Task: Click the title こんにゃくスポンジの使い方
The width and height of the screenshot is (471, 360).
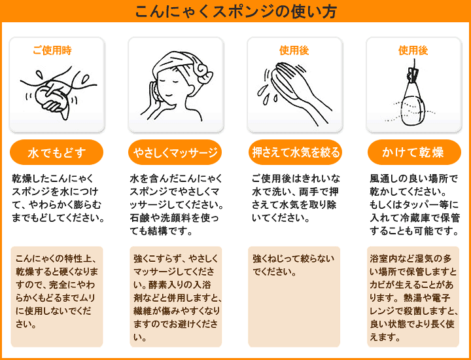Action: (235, 11)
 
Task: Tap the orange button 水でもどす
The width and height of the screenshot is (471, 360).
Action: (56, 153)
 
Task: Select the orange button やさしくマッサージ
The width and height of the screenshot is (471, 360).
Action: (175, 153)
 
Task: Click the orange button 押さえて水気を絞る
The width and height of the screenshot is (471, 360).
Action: (295, 153)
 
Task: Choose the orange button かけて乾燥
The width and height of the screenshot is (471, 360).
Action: (413, 153)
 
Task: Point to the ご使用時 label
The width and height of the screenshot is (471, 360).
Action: (52, 50)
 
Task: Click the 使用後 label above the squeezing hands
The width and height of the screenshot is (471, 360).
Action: (294, 50)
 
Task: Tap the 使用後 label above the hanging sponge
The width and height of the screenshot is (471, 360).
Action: (413, 50)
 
